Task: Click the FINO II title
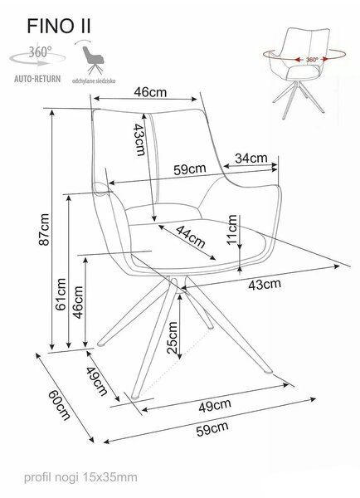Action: coord(59,26)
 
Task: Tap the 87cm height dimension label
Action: coord(44,229)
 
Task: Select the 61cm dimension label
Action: coord(61,294)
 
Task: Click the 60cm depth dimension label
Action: coord(59,405)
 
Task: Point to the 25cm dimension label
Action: coord(172,338)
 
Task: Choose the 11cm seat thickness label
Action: coord(232,229)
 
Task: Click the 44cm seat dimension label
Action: coord(191,237)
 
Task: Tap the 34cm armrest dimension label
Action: coord(251,158)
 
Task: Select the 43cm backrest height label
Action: coord(139,139)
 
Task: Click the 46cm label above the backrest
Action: coord(150,92)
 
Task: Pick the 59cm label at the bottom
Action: coord(212,429)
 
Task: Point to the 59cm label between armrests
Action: coord(189,168)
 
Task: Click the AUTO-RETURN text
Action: coord(37,79)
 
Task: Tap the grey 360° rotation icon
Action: coord(37,56)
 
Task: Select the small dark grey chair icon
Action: coord(93,60)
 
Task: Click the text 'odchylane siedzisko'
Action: coord(94,81)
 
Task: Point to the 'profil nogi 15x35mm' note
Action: coord(80,477)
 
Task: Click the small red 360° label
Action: coord(312,60)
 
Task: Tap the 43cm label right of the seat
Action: coord(265,284)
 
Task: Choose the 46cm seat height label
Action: coord(78,302)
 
